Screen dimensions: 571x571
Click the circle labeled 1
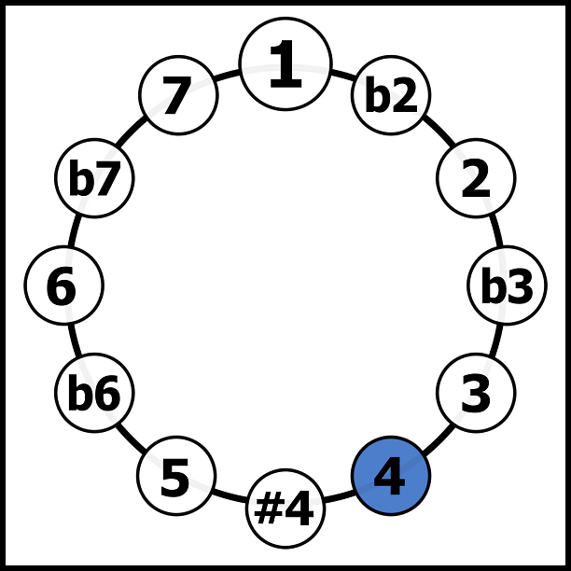285,63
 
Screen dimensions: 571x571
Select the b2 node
391,95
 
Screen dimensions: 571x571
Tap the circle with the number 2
476,178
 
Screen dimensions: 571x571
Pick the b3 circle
507,285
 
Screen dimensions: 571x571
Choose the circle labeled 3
476,393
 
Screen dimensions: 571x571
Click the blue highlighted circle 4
391,476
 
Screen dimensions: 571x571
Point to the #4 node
285,508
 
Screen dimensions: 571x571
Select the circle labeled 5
176,476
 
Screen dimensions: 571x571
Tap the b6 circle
94,393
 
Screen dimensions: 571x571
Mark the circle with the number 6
63,285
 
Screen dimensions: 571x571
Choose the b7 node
94,178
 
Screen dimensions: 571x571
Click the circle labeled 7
178,95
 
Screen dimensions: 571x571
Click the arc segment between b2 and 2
437,132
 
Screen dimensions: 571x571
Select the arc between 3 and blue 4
439,439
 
